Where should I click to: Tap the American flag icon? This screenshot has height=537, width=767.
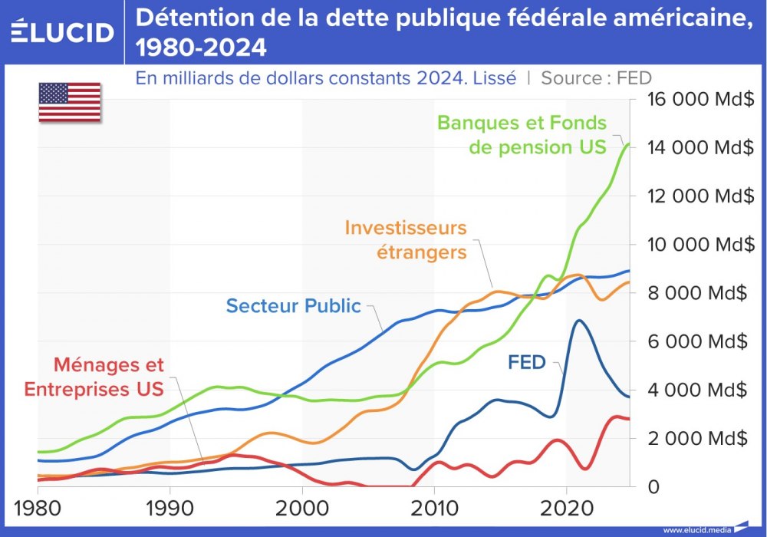[70, 102]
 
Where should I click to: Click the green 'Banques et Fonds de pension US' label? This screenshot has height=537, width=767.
[522, 135]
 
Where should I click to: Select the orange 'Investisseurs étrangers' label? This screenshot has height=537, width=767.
[406, 239]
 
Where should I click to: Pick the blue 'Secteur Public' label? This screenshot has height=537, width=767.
[293, 306]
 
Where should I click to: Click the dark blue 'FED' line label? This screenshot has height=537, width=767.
[526, 363]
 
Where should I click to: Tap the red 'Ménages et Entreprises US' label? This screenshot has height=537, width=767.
[94, 377]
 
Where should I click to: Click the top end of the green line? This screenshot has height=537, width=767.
[628, 144]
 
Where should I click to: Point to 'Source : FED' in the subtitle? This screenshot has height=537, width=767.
[596, 78]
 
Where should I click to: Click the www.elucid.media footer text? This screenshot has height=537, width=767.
[696, 530]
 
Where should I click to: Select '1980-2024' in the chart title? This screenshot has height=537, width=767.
[202, 48]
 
